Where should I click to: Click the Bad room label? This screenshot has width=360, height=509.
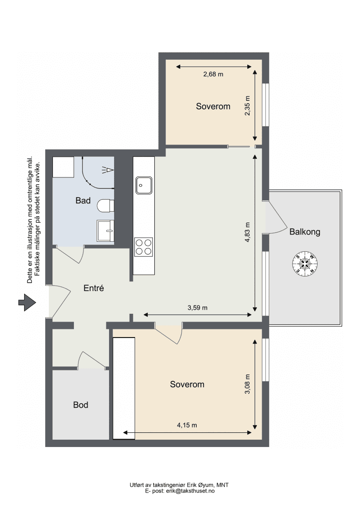point(83,201)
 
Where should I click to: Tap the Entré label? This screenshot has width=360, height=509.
point(94,288)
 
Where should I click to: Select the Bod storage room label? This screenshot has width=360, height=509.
point(80,405)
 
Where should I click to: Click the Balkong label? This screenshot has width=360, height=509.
point(305,232)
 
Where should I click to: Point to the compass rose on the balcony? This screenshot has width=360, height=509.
point(305,263)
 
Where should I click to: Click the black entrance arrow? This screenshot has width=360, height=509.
point(26,302)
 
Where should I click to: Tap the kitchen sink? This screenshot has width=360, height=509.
point(144,186)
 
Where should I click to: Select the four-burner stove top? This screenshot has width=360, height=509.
point(143,247)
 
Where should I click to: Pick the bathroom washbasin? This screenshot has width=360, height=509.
point(105,230)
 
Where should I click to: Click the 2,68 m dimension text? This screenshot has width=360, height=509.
point(213,74)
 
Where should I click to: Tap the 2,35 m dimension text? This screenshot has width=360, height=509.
point(247,106)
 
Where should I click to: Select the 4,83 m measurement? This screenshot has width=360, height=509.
point(247,233)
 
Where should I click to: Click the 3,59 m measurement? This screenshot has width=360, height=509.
point(198,308)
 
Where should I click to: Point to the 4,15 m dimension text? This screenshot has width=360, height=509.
point(187,425)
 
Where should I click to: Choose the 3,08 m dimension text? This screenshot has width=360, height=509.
point(247,384)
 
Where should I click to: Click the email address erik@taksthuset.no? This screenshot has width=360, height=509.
point(190,491)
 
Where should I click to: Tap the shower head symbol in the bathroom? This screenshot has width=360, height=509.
point(108,170)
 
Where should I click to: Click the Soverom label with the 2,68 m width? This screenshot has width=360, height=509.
point(213,106)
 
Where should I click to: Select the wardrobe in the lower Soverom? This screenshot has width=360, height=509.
point(124,388)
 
